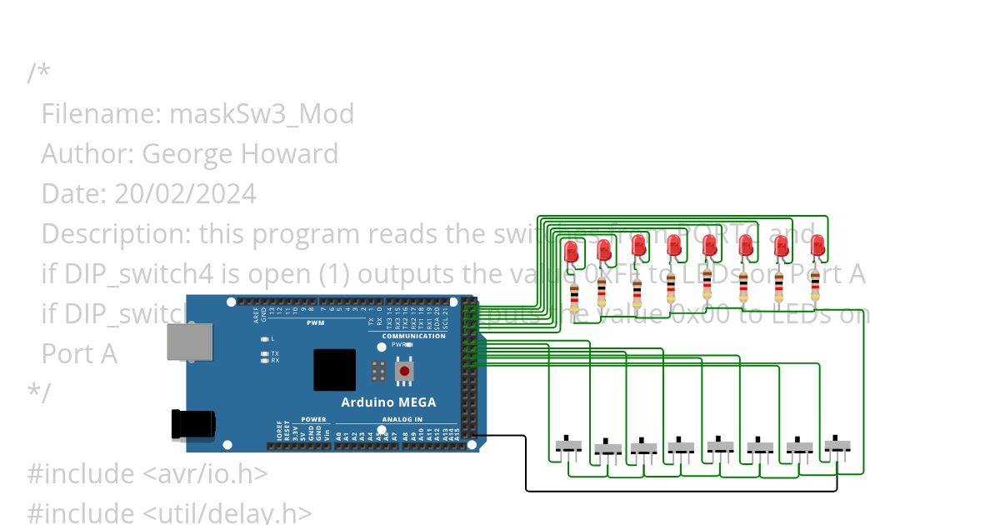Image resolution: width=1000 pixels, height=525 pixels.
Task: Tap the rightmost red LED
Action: pos(817,246)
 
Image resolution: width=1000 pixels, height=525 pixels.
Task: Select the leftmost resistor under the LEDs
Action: pos(574,297)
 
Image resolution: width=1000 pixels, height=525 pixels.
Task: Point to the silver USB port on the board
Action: pos(189,342)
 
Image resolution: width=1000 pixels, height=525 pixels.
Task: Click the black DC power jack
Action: pos(192,424)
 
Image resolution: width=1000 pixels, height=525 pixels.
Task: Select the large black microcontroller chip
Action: pos(334,370)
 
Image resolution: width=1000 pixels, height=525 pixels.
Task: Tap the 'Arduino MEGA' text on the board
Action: pos(388,402)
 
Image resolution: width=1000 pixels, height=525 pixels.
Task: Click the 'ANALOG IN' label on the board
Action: pos(402,419)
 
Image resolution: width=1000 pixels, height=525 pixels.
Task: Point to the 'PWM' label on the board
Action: pos(316,322)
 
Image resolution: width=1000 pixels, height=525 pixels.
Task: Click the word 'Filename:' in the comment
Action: pos(101,113)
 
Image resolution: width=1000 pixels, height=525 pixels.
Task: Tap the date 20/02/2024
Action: pos(185,194)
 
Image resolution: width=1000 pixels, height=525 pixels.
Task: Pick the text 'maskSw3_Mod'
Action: pos(262,113)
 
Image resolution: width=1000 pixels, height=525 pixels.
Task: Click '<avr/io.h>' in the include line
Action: pos(205,473)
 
